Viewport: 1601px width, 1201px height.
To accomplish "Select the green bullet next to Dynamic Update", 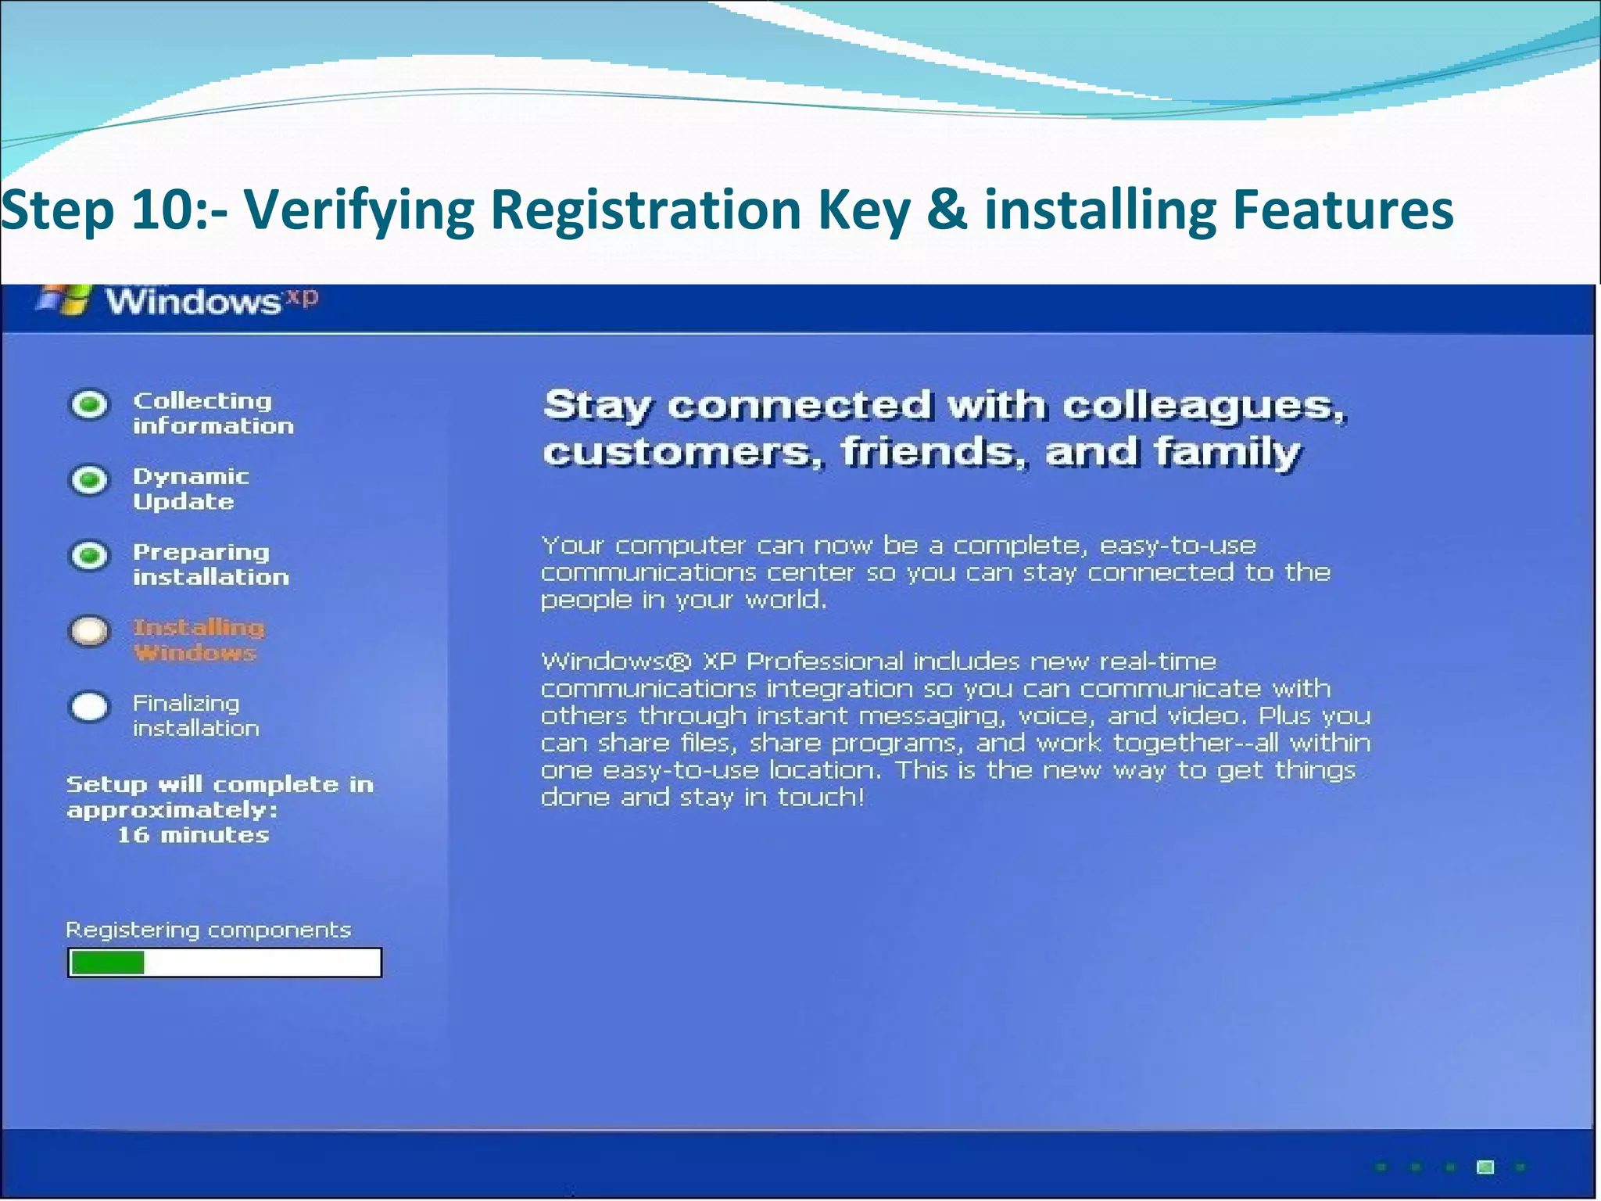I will pyautogui.click(x=90, y=480).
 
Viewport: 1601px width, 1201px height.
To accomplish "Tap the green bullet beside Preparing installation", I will pyautogui.click(x=90, y=556).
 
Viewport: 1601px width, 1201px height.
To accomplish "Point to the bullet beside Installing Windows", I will pyautogui.click(x=90, y=631).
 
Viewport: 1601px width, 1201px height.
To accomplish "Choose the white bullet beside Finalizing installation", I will pyautogui.click(x=90, y=707).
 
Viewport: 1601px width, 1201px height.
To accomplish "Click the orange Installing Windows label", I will pyautogui.click(x=198, y=640).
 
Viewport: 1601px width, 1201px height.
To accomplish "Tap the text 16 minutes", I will pyautogui.click(x=193, y=835).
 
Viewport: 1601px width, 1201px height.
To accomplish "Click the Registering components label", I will pyautogui.click(x=208, y=930).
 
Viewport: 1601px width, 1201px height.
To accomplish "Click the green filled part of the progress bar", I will pyautogui.click(x=107, y=963).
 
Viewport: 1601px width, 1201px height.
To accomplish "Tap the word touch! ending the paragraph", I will pyautogui.click(x=821, y=798).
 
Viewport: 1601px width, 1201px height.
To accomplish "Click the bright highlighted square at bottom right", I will pyautogui.click(x=1485, y=1167).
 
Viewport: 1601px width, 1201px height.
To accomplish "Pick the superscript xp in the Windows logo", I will pyautogui.click(x=302, y=297).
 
